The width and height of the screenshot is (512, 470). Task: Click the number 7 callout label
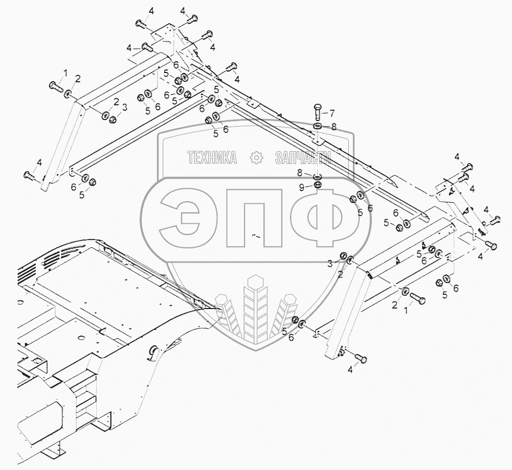tap(331, 113)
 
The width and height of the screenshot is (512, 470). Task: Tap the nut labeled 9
tap(317, 184)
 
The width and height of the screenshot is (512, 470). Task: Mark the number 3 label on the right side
tap(330, 263)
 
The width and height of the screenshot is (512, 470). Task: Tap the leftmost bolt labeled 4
tap(29, 175)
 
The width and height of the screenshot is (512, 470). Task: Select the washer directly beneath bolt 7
tap(317, 126)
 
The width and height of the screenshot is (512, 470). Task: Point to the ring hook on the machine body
tap(152, 352)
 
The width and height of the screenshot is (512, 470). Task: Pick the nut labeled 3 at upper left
tap(114, 119)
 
